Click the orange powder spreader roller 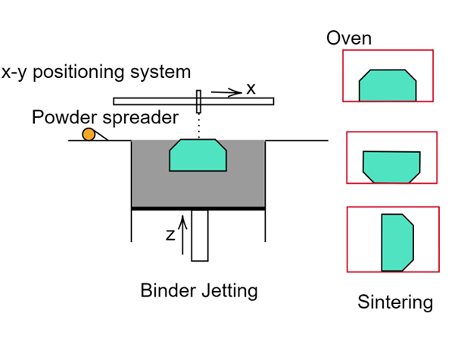tap(89, 135)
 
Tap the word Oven tap(349, 38)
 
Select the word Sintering tap(395, 303)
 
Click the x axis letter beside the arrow tap(251, 89)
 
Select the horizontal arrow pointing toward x tap(226, 93)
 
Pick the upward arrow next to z tap(182, 230)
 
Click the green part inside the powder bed tap(198, 155)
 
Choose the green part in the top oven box tap(388, 86)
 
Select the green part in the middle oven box tap(391, 166)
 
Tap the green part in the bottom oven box tap(397, 242)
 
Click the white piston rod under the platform tap(200, 235)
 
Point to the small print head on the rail tap(198, 101)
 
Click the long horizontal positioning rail tap(151, 101)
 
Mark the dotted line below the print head tap(198, 126)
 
